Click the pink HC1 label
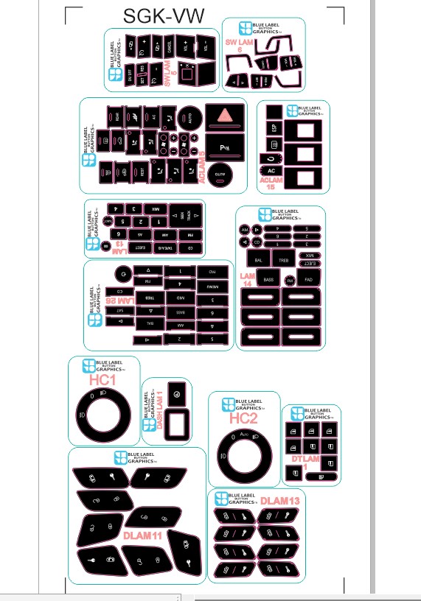(x=102, y=380)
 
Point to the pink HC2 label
(x=243, y=418)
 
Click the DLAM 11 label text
(x=142, y=535)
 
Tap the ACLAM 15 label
(x=271, y=183)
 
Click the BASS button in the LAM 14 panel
(x=269, y=281)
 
